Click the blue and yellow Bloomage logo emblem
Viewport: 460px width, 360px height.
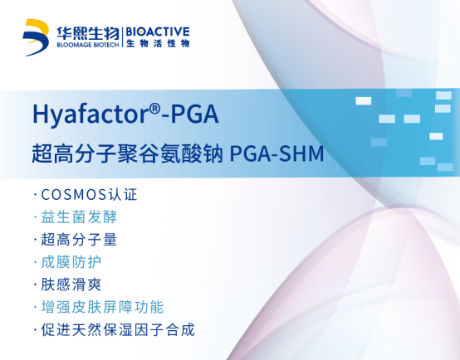(36, 37)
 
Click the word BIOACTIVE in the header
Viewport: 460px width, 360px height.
(158, 32)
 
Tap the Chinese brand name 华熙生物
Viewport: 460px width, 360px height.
(88, 33)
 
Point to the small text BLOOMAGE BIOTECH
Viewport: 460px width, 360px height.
(88, 45)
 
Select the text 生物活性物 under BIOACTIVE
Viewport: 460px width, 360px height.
(158, 44)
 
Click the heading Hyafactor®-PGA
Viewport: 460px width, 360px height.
(125, 114)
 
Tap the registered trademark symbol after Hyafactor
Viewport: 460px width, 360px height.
(154, 109)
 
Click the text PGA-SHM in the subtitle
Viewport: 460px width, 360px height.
(276, 153)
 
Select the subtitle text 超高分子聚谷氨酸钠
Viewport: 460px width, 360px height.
(127, 153)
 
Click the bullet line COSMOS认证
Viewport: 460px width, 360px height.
(86, 194)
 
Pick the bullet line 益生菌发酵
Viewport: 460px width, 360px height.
(76, 217)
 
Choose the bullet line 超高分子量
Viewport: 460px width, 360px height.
(76, 240)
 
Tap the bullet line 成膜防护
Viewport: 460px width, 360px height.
(67, 262)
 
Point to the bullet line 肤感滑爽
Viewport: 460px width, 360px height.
(67, 285)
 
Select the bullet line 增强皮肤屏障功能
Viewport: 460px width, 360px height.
(99, 307)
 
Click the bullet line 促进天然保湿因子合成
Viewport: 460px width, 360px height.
(114, 330)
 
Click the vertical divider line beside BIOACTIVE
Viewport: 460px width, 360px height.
(123, 37)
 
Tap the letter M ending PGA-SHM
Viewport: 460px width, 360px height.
(316, 153)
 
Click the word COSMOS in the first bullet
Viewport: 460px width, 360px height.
(73, 195)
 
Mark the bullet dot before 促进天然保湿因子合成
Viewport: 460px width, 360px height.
(36, 330)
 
